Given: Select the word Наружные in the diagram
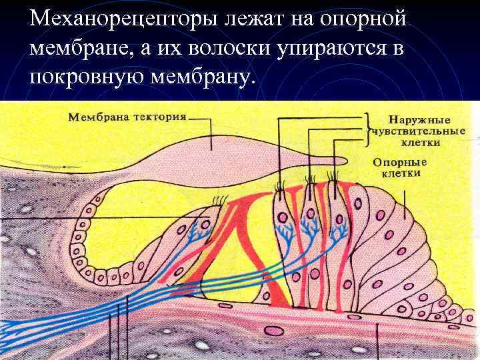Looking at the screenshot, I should tap(411, 120).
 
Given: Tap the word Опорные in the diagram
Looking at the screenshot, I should tap(399, 162).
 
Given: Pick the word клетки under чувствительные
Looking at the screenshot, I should tap(420, 141).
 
